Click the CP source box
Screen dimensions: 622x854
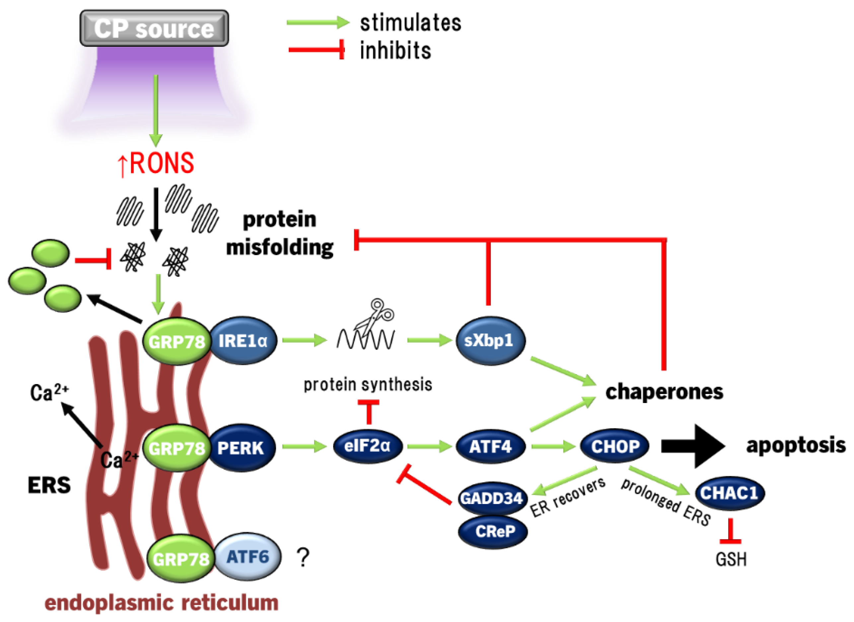tap(154, 28)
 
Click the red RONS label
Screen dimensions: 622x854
tap(156, 163)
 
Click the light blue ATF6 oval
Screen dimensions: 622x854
tap(248, 556)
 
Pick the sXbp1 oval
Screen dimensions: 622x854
tap(489, 341)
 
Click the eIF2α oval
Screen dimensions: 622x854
tap(368, 447)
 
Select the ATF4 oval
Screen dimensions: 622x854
tap(490, 447)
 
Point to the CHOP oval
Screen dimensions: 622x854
tap(615, 447)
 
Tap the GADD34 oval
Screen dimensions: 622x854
tap(491, 498)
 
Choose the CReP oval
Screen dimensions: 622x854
tap(493, 531)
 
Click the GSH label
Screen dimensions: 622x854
tap(731, 559)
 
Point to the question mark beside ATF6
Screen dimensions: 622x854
tap(303, 558)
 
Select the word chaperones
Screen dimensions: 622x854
tap(664, 392)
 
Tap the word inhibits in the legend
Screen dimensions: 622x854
tap(395, 50)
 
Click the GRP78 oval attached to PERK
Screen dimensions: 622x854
tap(177, 448)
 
